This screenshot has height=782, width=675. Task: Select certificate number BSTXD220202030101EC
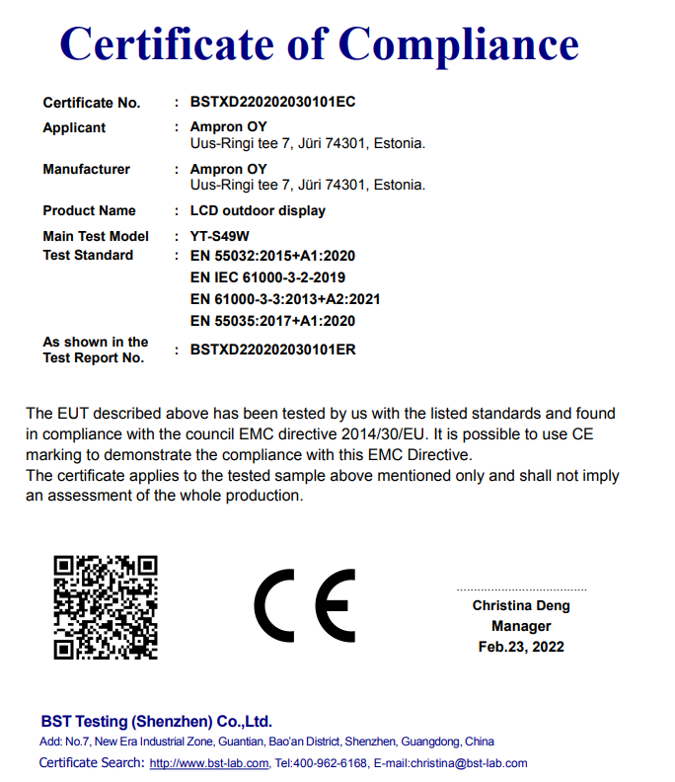pyautogui.click(x=272, y=103)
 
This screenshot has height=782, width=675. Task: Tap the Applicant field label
pyautogui.click(x=74, y=128)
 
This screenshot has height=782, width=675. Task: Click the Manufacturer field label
pyautogui.click(x=86, y=170)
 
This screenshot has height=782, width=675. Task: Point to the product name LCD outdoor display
pyautogui.click(x=258, y=211)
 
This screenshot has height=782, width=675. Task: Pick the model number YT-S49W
pyautogui.click(x=220, y=237)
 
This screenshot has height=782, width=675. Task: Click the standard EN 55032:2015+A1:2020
pyautogui.click(x=272, y=256)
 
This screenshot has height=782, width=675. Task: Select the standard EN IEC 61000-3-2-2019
pyautogui.click(x=267, y=277)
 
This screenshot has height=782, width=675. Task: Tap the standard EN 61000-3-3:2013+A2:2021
pyautogui.click(x=285, y=299)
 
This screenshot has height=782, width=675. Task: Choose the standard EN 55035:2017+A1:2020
pyautogui.click(x=272, y=321)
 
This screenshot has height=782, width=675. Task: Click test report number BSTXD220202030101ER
pyautogui.click(x=272, y=350)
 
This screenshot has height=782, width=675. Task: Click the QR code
pyautogui.click(x=105, y=606)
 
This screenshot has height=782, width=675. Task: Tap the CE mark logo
pyautogui.click(x=304, y=606)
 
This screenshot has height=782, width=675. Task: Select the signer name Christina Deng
pyautogui.click(x=521, y=606)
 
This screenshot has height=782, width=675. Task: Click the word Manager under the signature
pyautogui.click(x=521, y=627)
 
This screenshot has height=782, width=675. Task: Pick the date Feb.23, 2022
pyautogui.click(x=521, y=648)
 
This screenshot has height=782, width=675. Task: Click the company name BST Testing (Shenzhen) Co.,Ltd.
pyautogui.click(x=156, y=722)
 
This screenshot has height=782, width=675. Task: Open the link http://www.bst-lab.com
pyautogui.click(x=209, y=763)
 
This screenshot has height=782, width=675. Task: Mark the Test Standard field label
pyautogui.click(x=88, y=256)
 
